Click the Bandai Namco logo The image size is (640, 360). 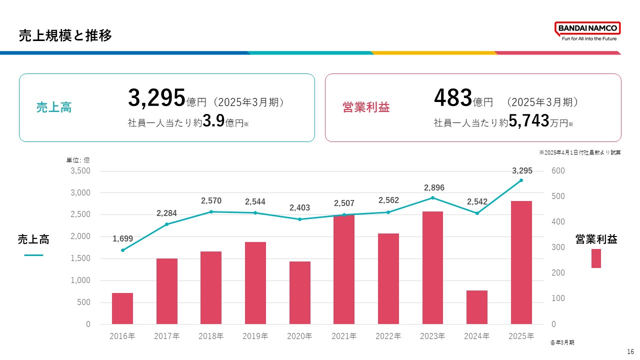[x=587, y=31]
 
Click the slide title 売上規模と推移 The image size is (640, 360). [x=65, y=35]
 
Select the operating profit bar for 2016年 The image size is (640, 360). [x=122, y=308]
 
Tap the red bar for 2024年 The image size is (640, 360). [x=477, y=307]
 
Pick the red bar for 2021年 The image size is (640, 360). [x=344, y=269]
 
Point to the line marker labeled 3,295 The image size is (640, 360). [x=521, y=180]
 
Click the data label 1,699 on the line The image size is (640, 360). [x=122, y=239]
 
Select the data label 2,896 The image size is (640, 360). [x=434, y=187]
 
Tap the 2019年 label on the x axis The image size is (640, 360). [x=255, y=336]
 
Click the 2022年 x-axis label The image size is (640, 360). [x=388, y=336]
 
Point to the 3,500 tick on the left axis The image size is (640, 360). [x=80, y=171]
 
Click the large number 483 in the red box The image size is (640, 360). [x=453, y=98]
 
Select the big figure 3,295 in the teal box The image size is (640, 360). [x=157, y=98]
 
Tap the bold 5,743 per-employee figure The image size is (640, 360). [x=529, y=122]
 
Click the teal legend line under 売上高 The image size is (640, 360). [x=33, y=255]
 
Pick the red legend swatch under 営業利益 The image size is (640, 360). [x=596, y=258]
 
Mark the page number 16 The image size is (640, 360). [x=630, y=352]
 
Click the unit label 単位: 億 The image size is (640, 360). [x=78, y=160]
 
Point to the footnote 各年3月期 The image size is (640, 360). [x=562, y=342]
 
